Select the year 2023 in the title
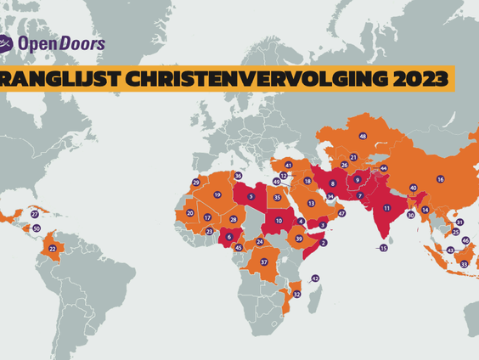pos(414,79)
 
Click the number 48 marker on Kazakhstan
pos(363,136)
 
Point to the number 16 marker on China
pos(440,179)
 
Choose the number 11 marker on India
pos(386,207)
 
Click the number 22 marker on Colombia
pos(53,248)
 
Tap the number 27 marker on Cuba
pos(34,214)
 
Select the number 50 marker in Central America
pos(36,228)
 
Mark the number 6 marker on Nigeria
pos(228,236)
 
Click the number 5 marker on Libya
pos(250,197)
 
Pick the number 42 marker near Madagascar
pos(314,278)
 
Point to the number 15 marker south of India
pos(383,248)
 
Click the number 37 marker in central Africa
pos(264,262)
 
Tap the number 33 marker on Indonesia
pos(464,264)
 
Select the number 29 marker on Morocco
pos(196,183)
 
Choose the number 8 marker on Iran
pos(332,183)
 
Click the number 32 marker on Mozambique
pos(296,293)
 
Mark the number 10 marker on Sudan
pos(278,222)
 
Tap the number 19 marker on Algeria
pos(217,194)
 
